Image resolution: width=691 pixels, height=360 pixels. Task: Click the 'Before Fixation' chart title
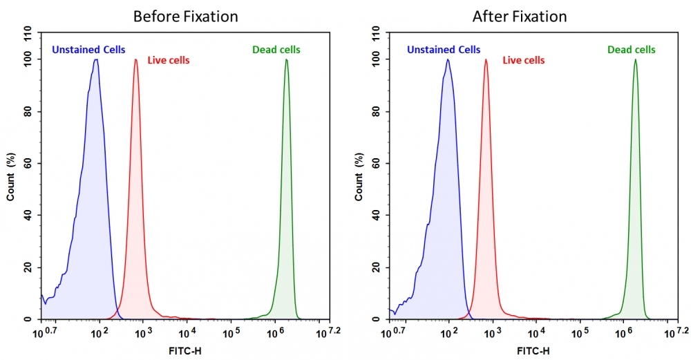pyautogui.click(x=185, y=16)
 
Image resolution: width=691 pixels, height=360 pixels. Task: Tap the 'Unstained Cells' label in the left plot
pyautogui.click(x=88, y=49)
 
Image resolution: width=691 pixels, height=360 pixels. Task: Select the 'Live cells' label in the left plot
pyautogui.click(x=169, y=60)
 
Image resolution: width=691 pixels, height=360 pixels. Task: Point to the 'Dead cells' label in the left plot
pyautogui.click(x=276, y=49)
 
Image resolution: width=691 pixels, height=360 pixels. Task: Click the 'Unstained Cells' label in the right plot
pyautogui.click(x=444, y=49)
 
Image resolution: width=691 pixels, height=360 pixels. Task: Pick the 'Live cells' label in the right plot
pyautogui.click(x=523, y=60)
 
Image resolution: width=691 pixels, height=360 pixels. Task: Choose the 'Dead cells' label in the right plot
pyautogui.click(x=632, y=49)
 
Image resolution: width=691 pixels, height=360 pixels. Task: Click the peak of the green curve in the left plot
pyautogui.click(x=286, y=59)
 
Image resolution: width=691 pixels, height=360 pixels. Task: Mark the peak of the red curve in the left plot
pyautogui.click(x=135, y=59)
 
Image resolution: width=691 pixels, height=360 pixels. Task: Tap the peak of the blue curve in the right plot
pyautogui.click(x=448, y=59)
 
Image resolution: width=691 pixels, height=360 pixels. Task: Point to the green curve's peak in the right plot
pyautogui.click(x=635, y=59)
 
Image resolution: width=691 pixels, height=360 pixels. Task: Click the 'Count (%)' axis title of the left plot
pyautogui.click(x=11, y=176)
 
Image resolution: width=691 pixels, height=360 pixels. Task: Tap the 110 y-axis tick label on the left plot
pyautogui.click(x=28, y=32)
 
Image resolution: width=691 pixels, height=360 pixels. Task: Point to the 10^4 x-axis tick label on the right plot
pyautogui.click(x=535, y=333)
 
